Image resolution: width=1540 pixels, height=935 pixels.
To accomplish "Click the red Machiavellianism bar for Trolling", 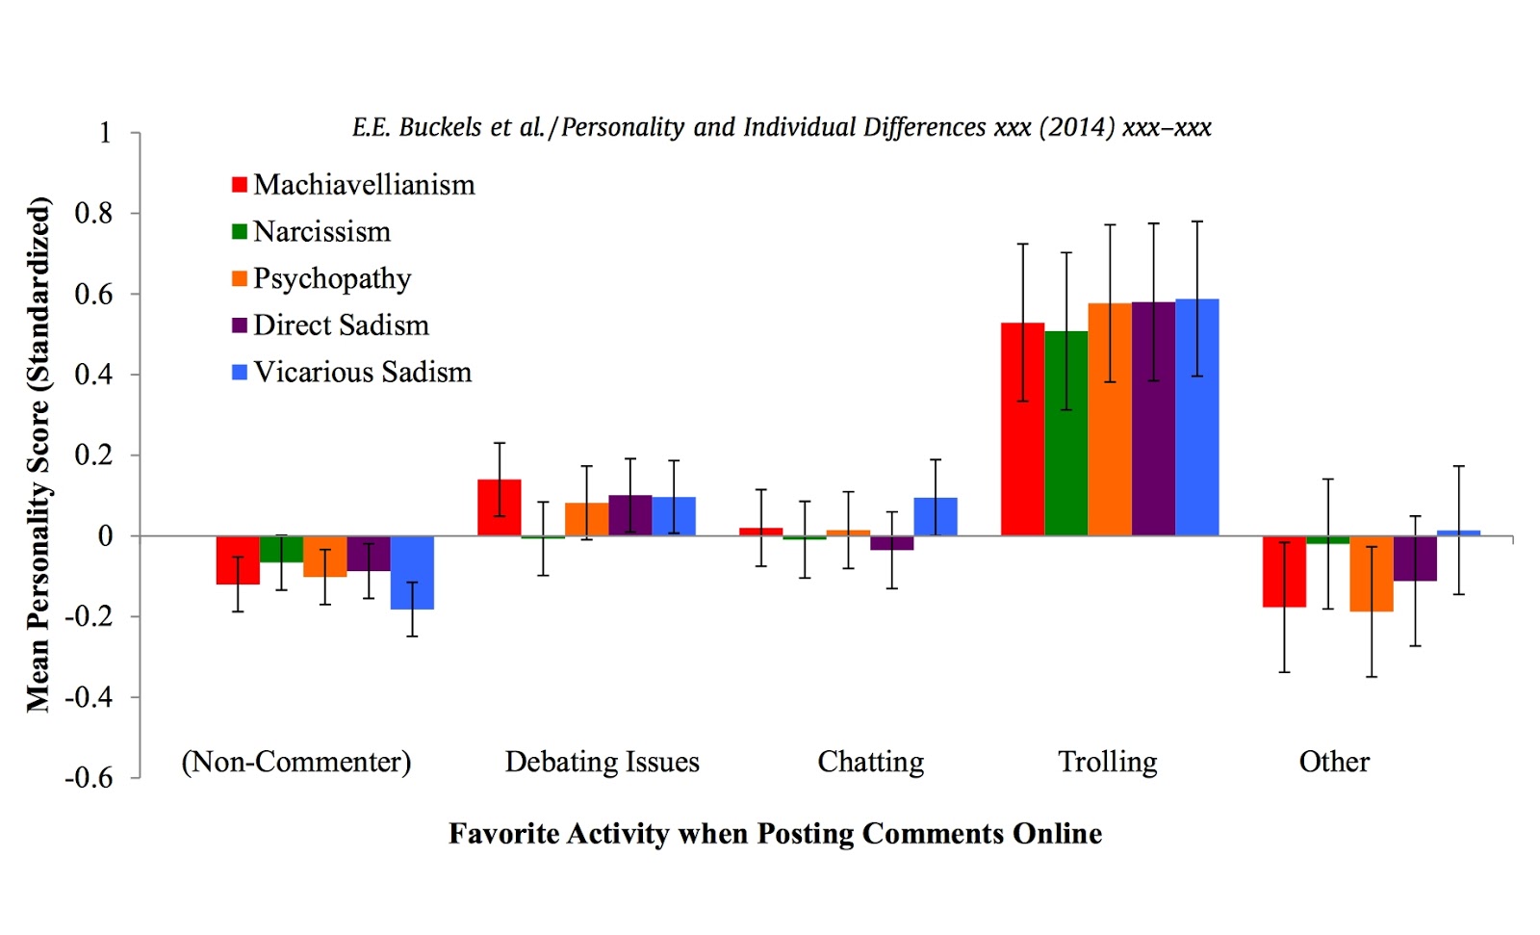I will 1022,429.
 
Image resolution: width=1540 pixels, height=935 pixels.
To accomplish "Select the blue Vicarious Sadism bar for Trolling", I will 1196,418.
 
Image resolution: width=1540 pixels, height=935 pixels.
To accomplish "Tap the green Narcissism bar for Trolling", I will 1065,433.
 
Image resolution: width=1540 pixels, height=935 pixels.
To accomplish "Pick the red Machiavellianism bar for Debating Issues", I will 499,507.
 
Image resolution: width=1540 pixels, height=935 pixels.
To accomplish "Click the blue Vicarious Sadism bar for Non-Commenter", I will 412,572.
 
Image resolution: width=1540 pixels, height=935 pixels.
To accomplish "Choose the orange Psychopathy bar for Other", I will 1371,574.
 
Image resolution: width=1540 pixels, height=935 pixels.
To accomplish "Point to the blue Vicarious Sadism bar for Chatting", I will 935,516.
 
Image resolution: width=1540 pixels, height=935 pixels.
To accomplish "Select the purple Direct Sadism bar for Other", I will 1415,558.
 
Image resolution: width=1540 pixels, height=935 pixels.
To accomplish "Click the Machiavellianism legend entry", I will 353,184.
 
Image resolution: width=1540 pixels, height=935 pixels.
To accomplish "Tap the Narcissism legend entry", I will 312,231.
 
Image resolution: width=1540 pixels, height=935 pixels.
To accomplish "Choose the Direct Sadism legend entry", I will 330,325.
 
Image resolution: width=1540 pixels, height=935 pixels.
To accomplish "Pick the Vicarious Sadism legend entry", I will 352,372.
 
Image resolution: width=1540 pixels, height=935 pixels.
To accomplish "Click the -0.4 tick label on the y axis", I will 89,696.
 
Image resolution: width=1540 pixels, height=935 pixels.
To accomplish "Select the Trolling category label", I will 1108,762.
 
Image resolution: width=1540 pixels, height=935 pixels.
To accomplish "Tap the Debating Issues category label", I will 602,762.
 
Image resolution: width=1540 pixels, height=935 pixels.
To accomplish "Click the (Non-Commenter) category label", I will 296,762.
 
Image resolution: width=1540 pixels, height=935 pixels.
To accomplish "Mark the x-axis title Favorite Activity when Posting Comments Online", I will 775,833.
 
